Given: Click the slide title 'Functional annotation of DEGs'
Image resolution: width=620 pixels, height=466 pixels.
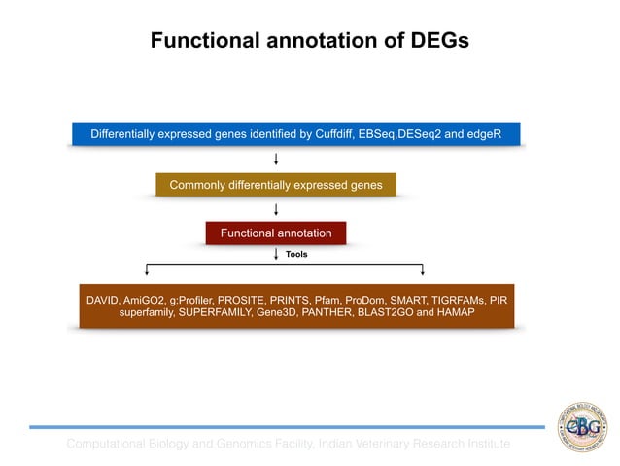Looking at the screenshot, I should (x=309, y=41).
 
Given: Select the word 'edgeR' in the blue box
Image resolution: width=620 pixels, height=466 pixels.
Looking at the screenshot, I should (x=483, y=132).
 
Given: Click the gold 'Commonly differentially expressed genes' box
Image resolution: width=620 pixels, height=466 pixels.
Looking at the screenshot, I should (x=276, y=185).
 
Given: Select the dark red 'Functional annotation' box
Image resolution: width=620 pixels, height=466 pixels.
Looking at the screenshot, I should (x=276, y=233).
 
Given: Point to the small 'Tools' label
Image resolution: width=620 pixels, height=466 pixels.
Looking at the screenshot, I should (x=296, y=254).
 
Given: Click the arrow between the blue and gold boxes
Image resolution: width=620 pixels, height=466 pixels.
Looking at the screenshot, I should (x=277, y=159).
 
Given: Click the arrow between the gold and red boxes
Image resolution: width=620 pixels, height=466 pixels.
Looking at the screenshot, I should (x=277, y=209).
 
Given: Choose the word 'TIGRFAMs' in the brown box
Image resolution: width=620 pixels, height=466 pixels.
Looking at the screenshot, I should (x=456, y=300).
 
